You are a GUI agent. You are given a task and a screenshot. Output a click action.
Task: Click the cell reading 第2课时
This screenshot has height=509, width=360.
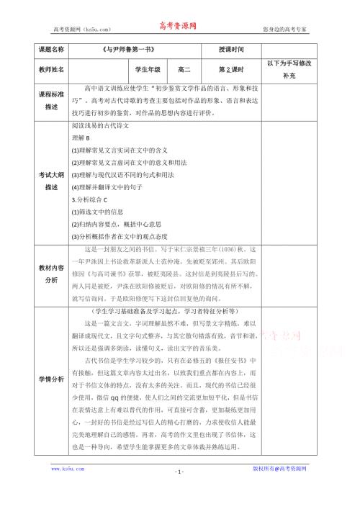(232, 69)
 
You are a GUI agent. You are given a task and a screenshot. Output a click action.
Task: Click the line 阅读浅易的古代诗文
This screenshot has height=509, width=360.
(99, 125)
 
